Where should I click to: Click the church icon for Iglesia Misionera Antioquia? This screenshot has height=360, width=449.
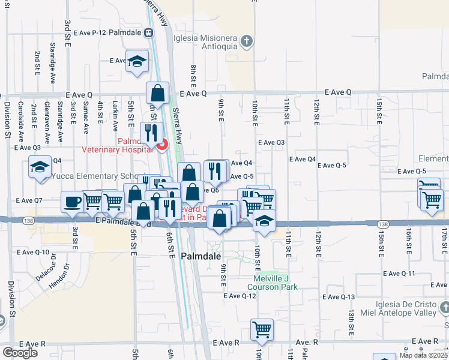246,41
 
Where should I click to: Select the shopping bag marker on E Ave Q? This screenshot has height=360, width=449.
157,94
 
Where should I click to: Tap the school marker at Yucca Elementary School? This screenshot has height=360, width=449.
40,167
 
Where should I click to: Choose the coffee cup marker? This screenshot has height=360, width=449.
72,202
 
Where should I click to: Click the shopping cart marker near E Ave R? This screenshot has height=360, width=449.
262,329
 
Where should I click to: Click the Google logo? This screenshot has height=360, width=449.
20,353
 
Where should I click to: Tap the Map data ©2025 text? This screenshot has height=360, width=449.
423,355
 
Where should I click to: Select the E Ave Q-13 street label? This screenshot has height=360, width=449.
340,297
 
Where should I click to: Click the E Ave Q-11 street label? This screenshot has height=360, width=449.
399,274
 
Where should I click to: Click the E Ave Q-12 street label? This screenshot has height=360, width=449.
240,296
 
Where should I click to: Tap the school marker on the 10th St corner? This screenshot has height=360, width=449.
264,220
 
